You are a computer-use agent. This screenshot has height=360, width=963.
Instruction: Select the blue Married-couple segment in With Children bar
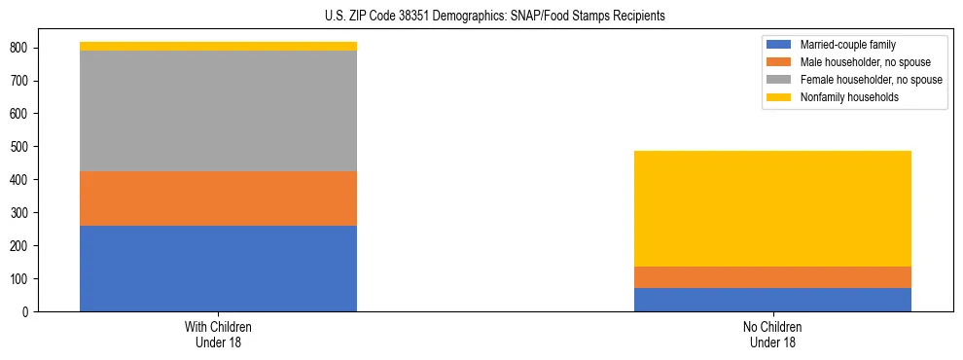218,269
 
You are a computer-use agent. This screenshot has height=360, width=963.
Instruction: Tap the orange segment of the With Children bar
218,198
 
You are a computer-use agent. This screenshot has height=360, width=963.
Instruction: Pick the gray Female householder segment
218,111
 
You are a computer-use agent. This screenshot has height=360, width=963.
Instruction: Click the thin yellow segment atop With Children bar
218,46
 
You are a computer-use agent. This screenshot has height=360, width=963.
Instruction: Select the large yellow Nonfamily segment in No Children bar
772,208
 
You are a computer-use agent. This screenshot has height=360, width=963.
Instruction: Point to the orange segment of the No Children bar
772,277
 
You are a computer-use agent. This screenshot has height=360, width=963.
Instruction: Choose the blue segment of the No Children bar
772,300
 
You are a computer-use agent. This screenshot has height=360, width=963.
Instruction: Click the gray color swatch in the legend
779,80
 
